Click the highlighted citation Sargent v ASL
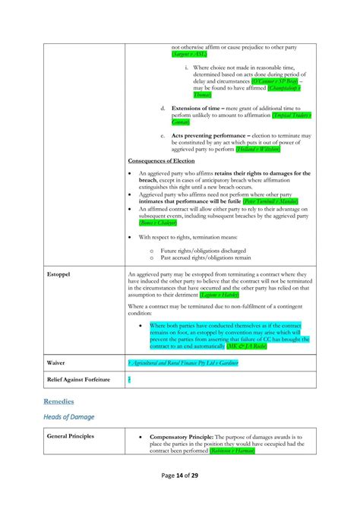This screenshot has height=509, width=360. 188,55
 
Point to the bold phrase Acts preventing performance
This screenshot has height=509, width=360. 207,135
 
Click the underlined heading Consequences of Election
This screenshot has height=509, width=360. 161,161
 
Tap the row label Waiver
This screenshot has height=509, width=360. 55,363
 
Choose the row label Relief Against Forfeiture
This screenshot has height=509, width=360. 78,379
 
